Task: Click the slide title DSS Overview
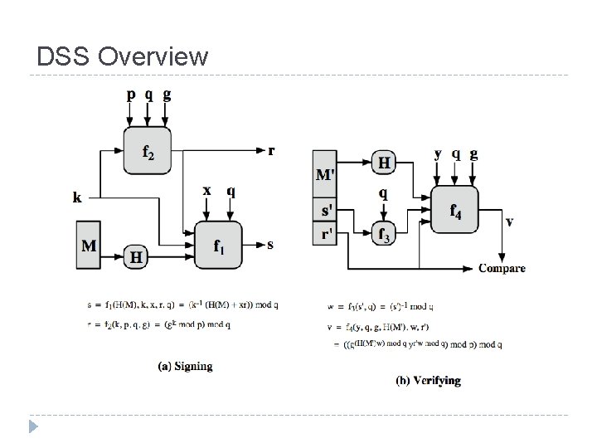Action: click(123, 56)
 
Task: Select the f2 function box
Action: click(148, 152)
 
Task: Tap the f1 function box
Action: click(217, 245)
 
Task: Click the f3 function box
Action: click(383, 233)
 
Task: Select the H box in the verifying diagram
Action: click(384, 163)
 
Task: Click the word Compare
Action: click(502, 268)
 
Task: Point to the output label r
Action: click(271, 150)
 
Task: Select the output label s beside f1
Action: click(270, 245)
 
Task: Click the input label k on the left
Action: click(77, 197)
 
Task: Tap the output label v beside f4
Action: click(508, 221)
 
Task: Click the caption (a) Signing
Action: click(185, 366)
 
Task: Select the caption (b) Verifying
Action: click(428, 381)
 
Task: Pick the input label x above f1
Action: click(207, 191)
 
